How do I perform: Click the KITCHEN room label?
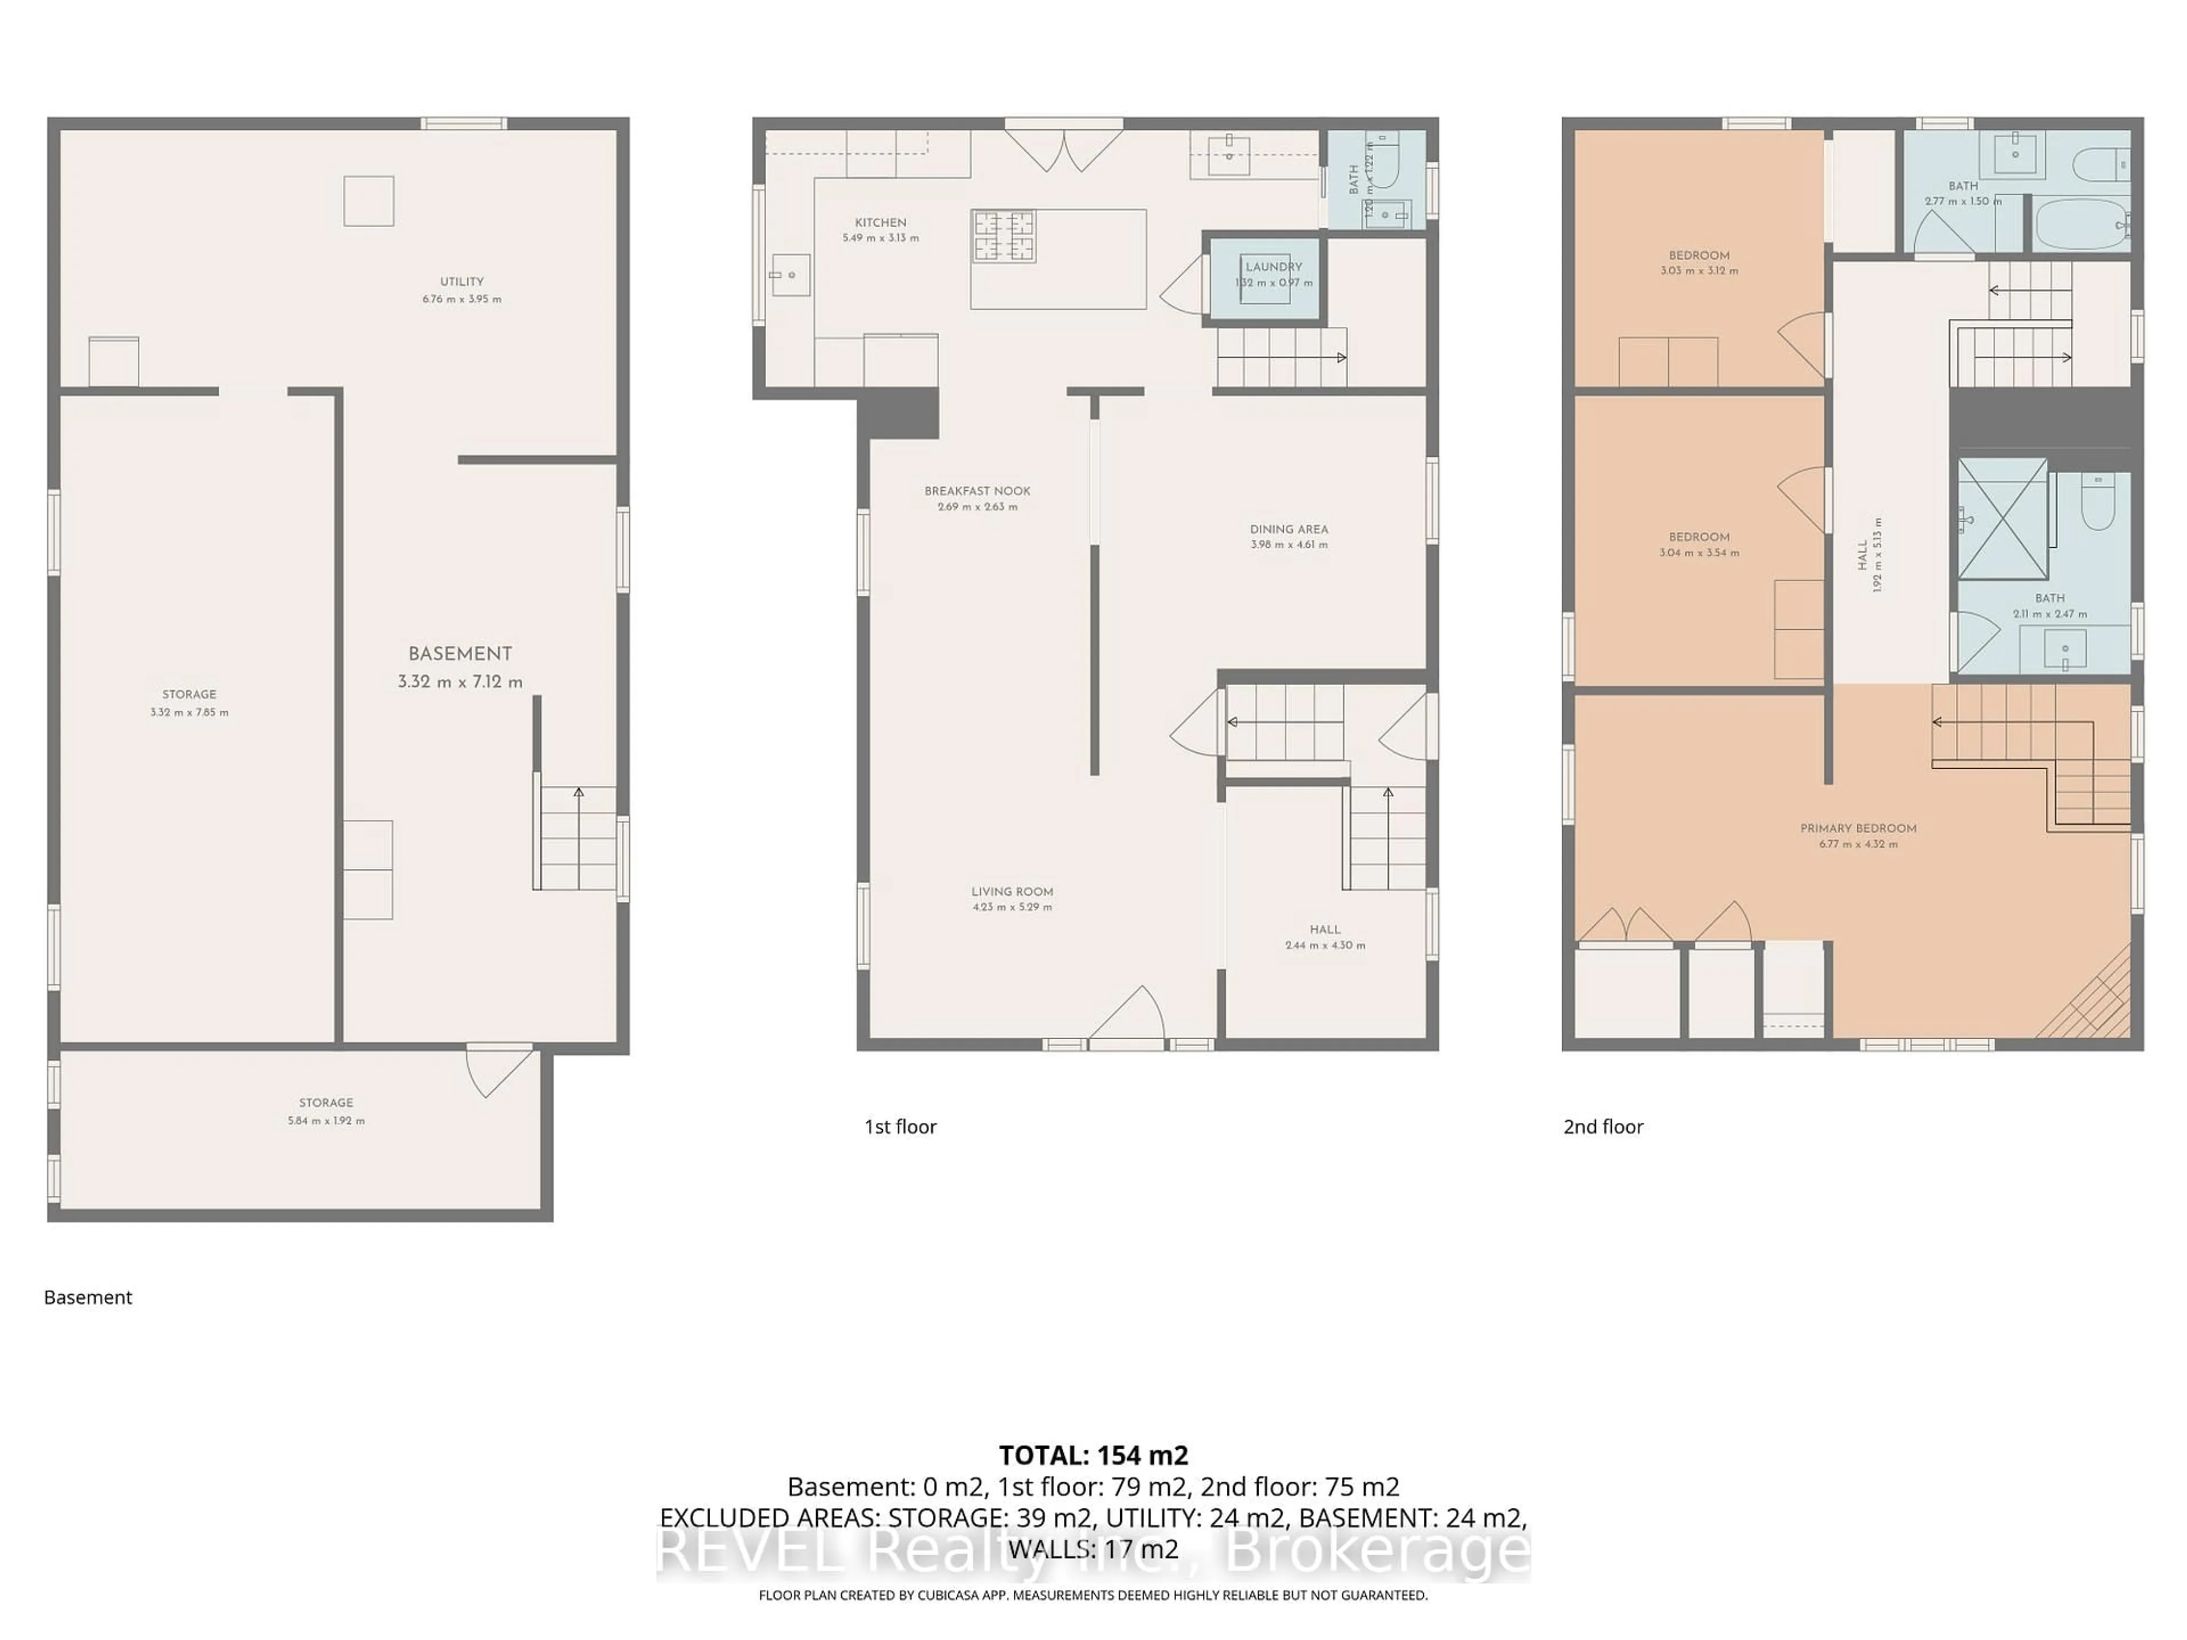pos(880,223)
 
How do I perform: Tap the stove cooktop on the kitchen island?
pos(1004,236)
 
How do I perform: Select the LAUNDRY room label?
pos(1273,267)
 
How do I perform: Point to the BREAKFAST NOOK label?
pos(977,491)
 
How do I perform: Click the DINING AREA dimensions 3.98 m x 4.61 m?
pos(1288,545)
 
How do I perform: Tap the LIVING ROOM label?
pos(1011,892)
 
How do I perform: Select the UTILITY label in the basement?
pos(462,282)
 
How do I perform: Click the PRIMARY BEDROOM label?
pos(1858,829)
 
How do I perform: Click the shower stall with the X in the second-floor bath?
pos(2002,519)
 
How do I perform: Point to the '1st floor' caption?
pos(900,1127)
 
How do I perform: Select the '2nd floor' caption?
pos(1603,1127)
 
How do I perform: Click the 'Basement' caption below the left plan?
pos(88,1298)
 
